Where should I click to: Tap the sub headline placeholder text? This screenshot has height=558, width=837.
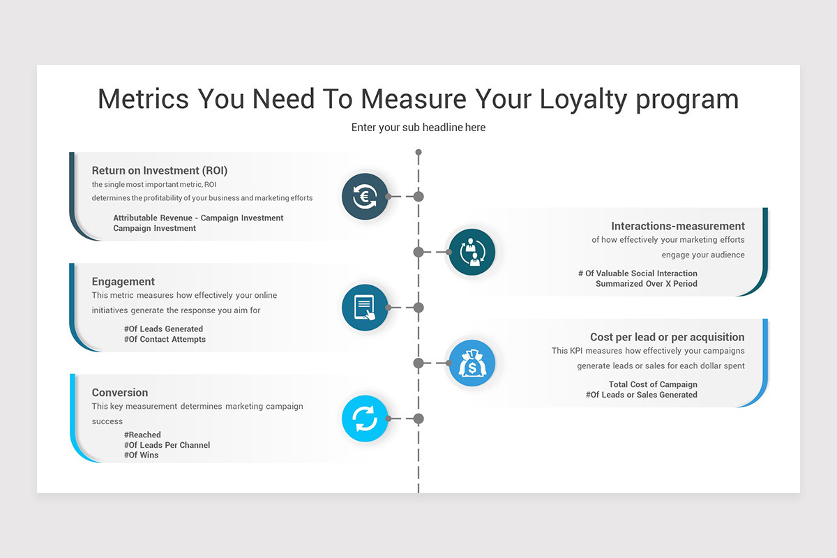(x=418, y=128)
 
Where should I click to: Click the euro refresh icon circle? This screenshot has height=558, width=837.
(x=365, y=197)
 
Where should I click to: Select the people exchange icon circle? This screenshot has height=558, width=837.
(x=472, y=252)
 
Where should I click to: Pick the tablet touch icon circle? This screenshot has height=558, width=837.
(x=365, y=308)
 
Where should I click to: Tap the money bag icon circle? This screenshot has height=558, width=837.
(x=472, y=363)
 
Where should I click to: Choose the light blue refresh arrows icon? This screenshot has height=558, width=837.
(x=365, y=418)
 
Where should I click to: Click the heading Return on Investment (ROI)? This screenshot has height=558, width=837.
(x=160, y=170)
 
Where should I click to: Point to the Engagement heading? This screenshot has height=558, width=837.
(x=123, y=282)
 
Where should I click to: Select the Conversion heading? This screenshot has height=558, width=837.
(x=120, y=393)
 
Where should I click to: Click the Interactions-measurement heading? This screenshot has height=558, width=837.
(x=678, y=226)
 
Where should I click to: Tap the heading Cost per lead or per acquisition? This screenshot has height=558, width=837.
(x=668, y=337)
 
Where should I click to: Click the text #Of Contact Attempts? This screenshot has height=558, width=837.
(x=165, y=340)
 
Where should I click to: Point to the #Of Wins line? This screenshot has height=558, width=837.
(x=142, y=455)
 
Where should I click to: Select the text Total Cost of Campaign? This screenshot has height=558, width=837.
(x=653, y=384)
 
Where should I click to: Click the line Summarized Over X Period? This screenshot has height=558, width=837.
(x=647, y=284)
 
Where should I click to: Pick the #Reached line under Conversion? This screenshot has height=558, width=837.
(x=143, y=435)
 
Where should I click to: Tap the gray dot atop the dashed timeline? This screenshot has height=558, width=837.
(x=418, y=152)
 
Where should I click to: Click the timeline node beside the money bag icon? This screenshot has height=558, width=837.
(x=418, y=363)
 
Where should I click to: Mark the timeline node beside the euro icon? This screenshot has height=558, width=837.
(x=418, y=197)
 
